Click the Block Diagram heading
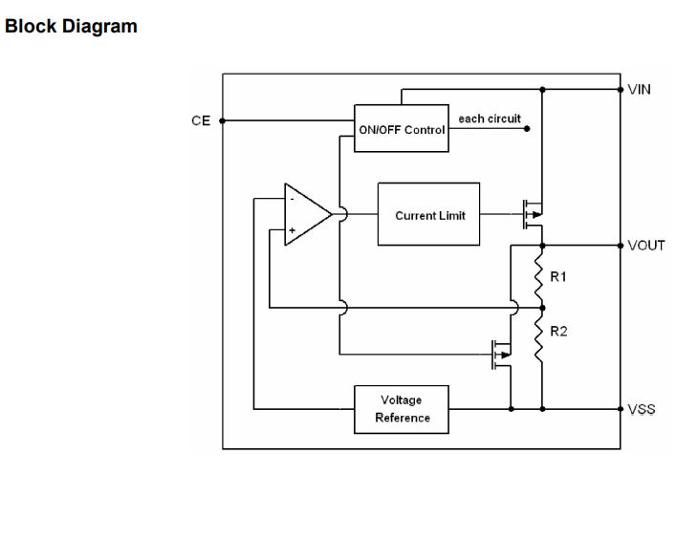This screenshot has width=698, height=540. click(x=72, y=27)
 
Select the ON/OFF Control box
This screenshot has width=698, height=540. click(x=402, y=129)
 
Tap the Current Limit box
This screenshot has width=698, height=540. click(x=429, y=215)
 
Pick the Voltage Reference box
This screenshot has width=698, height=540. click(x=402, y=409)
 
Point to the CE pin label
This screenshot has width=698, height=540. click(x=201, y=121)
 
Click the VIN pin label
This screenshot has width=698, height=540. click(x=640, y=89)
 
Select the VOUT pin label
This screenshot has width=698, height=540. click(x=646, y=246)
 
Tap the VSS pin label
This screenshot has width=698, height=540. click(x=642, y=409)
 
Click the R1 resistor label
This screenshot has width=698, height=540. click(x=558, y=277)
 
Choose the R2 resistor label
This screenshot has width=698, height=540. click(x=558, y=332)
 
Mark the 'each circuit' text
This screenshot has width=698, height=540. click(x=490, y=119)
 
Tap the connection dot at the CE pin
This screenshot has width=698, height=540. click(x=223, y=121)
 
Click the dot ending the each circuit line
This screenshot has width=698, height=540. click(x=527, y=128)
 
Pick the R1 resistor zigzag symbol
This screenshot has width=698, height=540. click(x=541, y=275)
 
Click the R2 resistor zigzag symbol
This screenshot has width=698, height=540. click(x=541, y=340)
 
